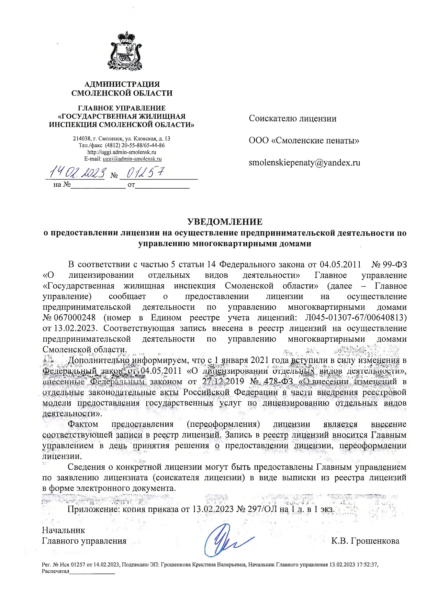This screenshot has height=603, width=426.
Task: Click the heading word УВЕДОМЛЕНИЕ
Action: click(225, 221)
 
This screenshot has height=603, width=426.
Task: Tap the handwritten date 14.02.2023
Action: click(77, 173)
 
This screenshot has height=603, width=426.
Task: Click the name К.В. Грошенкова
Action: click(365, 541)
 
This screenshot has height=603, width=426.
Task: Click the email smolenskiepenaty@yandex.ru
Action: click(304, 163)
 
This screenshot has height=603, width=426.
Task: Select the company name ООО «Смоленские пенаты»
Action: click(304, 141)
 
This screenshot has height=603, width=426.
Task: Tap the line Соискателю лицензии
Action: click(293, 119)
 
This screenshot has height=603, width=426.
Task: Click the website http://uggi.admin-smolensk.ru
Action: click(122, 152)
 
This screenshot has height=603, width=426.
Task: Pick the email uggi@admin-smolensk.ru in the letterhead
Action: click(132, 159)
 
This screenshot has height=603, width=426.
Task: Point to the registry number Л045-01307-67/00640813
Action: click(355, 317)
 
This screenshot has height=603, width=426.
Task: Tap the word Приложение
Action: click(94, 509)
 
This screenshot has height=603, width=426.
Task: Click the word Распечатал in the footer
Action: click(55, 571)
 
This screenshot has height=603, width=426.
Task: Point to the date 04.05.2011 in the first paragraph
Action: click(340, 264)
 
